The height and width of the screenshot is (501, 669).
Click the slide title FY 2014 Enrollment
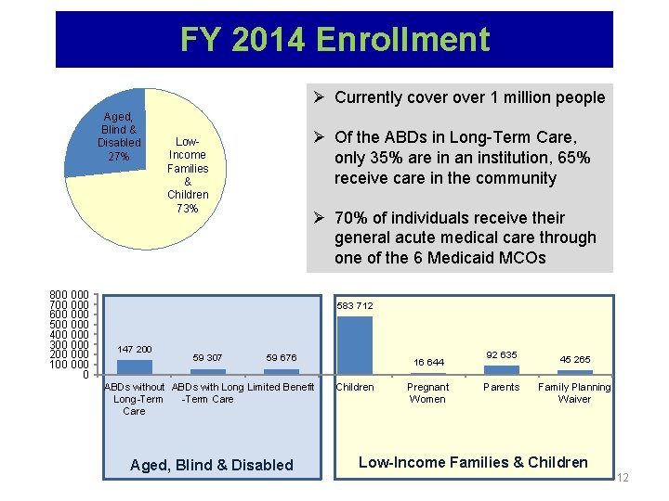click(334, 40)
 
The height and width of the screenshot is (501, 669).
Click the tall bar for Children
click(354, 345)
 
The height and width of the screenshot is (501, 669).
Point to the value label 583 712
click(354, 305)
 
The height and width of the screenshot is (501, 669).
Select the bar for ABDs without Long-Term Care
click(135, 367)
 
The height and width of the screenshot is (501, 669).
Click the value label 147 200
click(135, 349)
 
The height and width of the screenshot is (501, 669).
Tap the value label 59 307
click(207, 357)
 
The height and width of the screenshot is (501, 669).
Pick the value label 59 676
click(281, 357)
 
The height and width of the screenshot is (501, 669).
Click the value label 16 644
click(428, 362)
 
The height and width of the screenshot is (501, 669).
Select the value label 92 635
click(502, 354)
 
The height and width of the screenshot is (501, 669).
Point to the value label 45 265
click(574, 359)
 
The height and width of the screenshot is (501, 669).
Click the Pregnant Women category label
click(428, 392)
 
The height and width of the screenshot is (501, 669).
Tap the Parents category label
click(502, 387)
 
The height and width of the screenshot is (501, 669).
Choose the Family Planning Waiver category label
click(574, 392)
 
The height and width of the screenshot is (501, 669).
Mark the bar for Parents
click(502, 369)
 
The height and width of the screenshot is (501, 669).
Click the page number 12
click(623, 478)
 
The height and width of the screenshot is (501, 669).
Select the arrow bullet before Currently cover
click(319, 97)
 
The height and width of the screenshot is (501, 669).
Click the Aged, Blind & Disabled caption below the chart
click(212, 465)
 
